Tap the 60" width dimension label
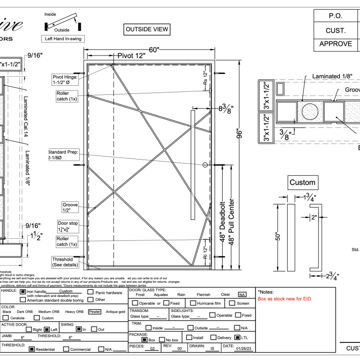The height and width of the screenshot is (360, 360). [x=154, y=49]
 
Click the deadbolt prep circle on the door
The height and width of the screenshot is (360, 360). [x=205, y=165]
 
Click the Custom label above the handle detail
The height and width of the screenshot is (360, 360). [x=302, y=182]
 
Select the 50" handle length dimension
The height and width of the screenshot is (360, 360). [x=279, y=236]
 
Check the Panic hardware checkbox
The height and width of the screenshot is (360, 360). [x=91, y=292]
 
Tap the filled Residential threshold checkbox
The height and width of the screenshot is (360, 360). [x=32, y=349]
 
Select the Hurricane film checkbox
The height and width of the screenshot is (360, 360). [x=193, y=303]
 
